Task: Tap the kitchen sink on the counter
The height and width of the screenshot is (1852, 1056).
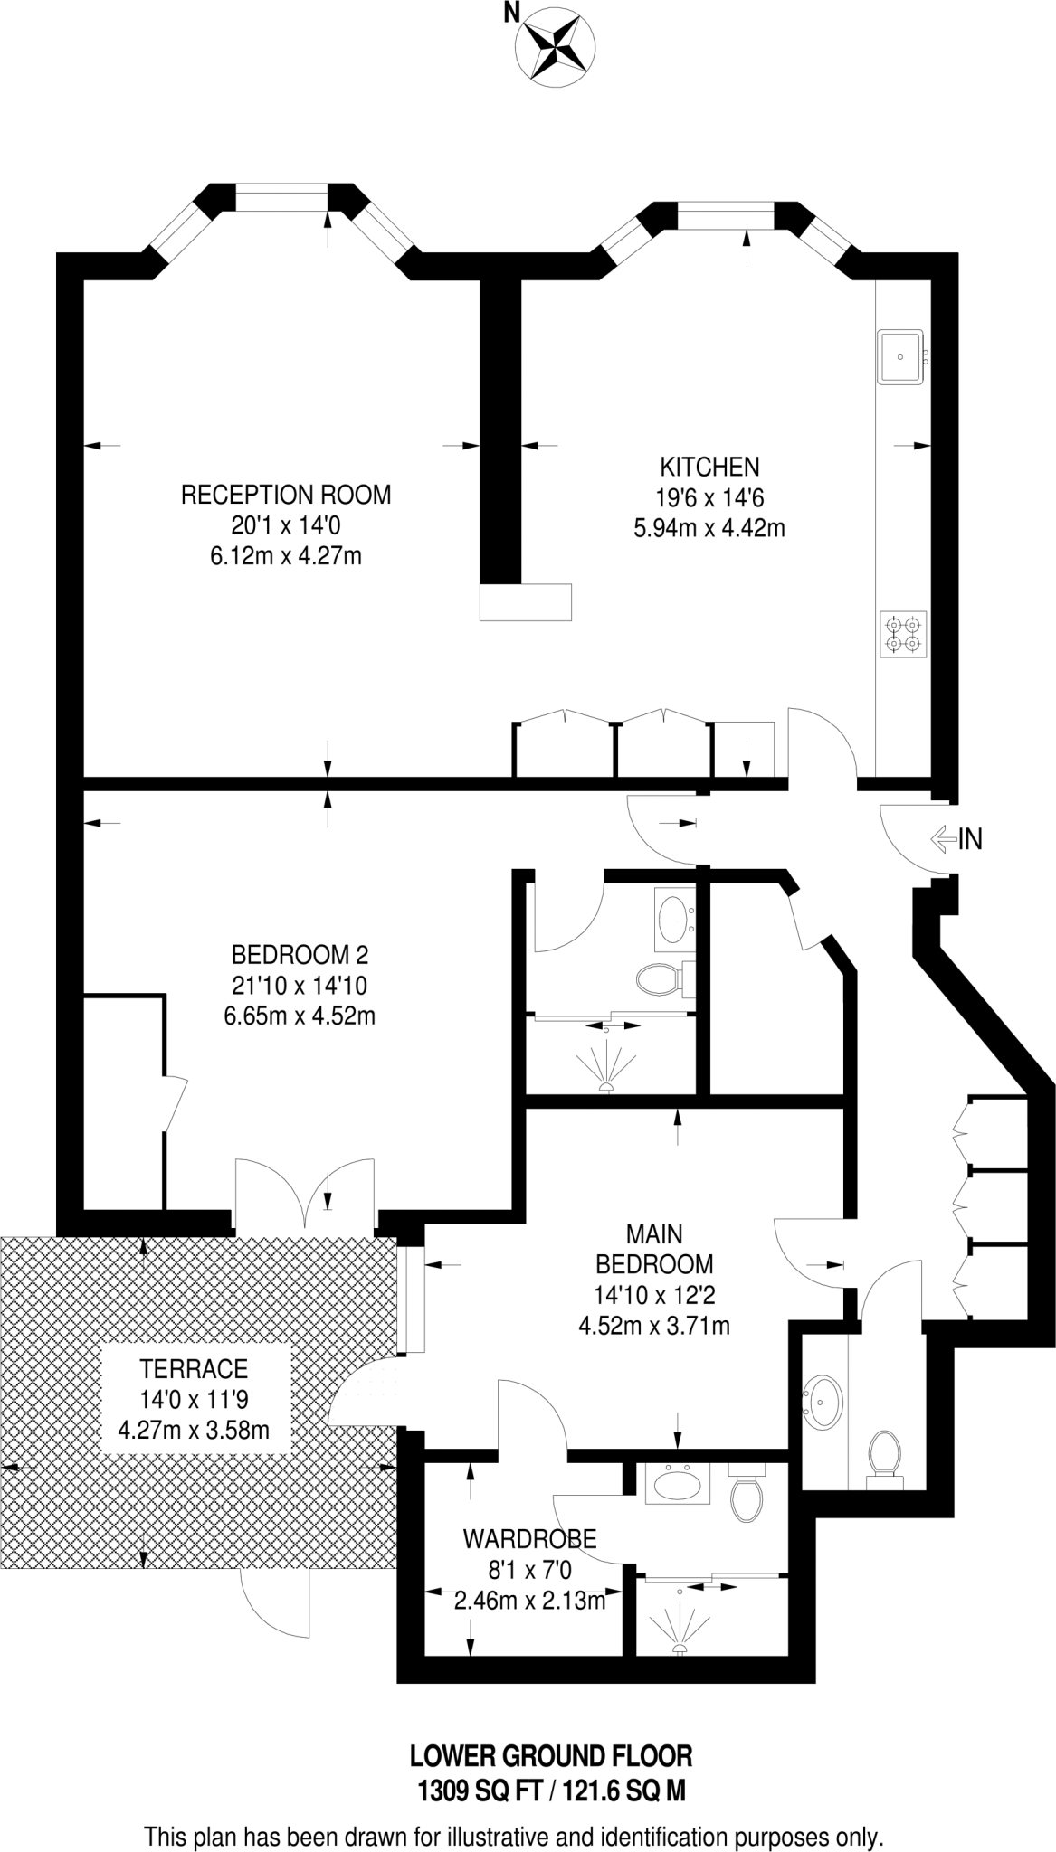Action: [900, 356]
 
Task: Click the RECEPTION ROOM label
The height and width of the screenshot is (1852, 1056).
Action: [286, 495]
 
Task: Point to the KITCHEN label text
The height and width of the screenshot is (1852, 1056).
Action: [709, 467]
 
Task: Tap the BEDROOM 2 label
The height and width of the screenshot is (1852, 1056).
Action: [300, 954]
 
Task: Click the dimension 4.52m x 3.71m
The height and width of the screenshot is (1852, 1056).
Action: [653, 1326]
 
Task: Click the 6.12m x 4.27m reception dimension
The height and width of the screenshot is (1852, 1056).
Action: [286, 555]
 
